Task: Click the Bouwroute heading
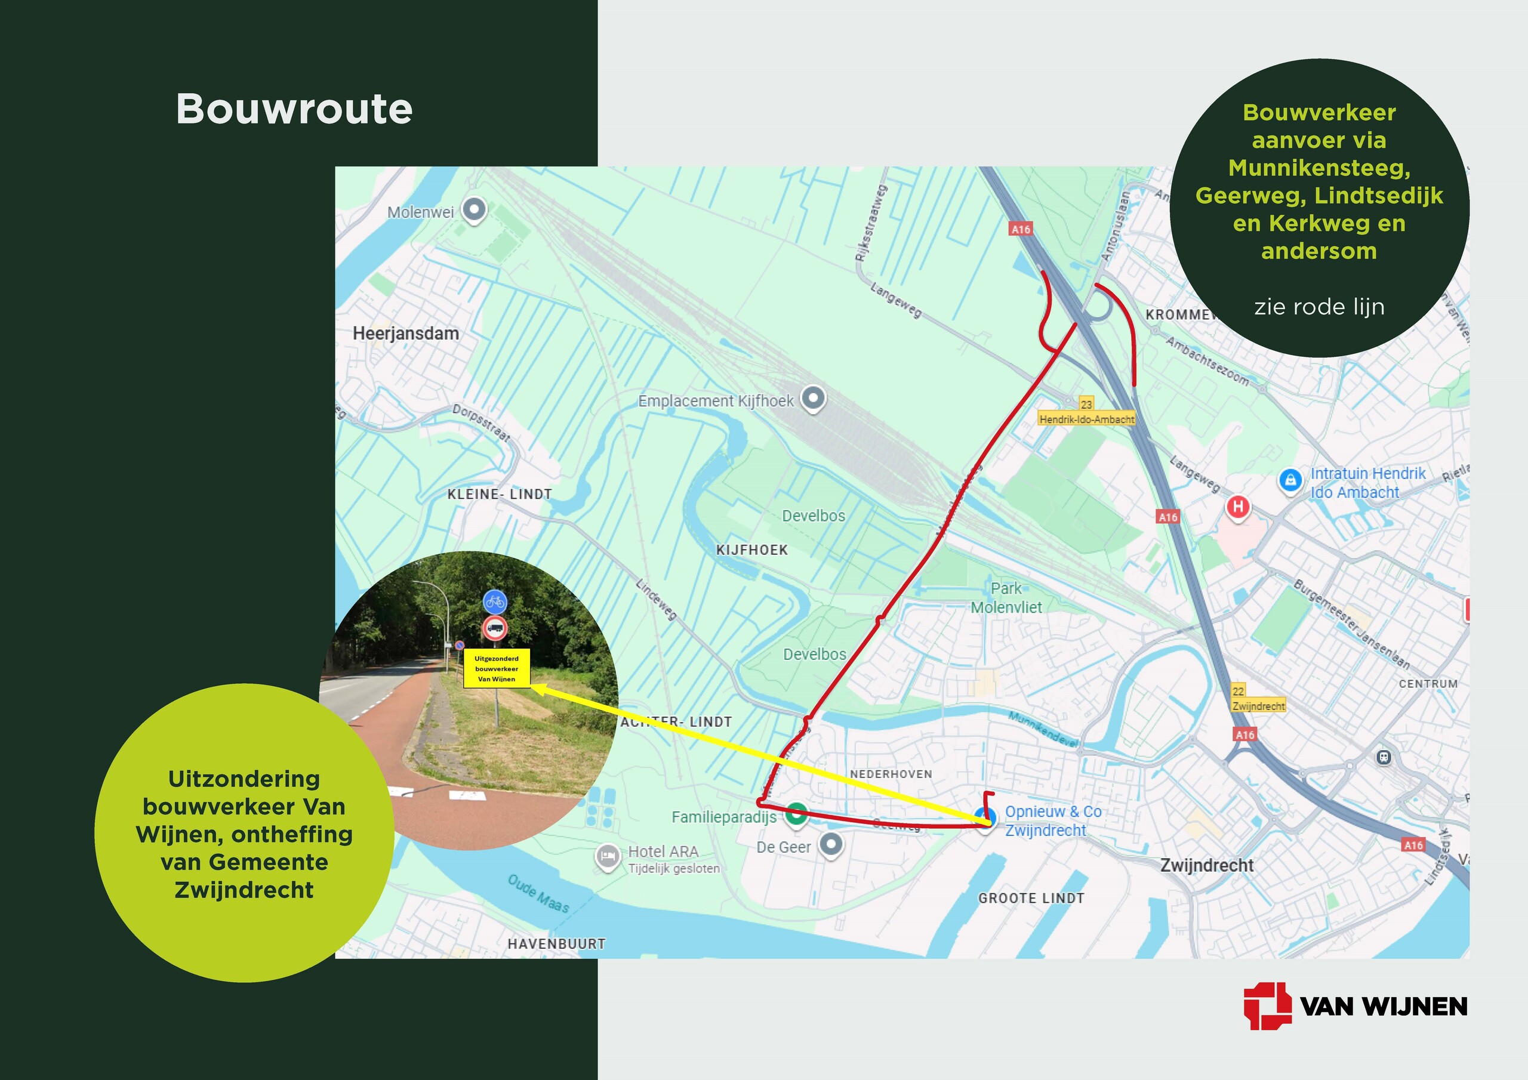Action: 294,109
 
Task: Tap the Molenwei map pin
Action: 474,210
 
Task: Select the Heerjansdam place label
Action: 405,334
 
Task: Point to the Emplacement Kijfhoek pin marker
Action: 812,399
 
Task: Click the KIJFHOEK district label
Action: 751,550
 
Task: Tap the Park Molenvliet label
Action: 1006,597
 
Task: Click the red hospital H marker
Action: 1238,507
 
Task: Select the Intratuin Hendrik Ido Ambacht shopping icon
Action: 1290,480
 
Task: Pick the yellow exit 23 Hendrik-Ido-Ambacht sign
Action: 1086,412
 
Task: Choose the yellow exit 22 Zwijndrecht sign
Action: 1258,699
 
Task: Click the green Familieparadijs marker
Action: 796,813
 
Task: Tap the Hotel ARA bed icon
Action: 606,856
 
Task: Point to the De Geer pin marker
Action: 830,845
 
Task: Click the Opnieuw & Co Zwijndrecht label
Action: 1052,821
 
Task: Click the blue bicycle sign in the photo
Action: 494,602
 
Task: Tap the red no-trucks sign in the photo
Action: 494,628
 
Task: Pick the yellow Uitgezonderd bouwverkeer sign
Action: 497,668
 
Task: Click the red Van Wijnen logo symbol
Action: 1267,1005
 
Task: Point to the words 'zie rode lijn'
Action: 1319,307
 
